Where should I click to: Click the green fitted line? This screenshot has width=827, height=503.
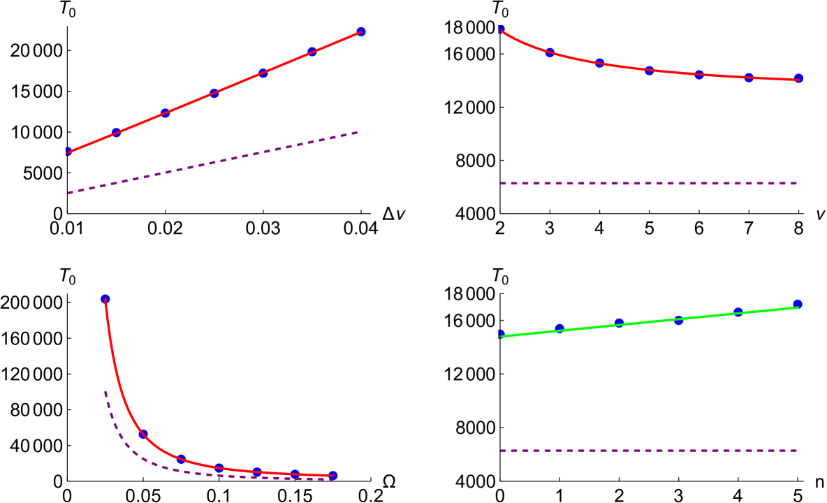click(x=650, y=321)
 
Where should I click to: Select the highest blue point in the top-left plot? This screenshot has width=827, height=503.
click(x=360, y=31)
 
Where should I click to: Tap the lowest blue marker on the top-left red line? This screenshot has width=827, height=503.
click(x=68, y=152)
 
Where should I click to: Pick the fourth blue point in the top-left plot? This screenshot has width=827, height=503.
click(x=214, y=94)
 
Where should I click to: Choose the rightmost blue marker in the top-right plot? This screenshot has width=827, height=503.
click(x=798, y=78)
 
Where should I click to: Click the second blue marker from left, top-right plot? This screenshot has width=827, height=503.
click(x=549, y=52)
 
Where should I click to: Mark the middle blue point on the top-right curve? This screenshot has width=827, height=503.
click(x=649, y=71)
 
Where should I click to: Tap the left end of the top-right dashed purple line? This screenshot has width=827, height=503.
click(x=502, y=183)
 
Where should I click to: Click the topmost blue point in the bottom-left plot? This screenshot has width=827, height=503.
click(x=105, y=299)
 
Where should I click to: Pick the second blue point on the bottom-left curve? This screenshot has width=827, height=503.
click(x=142, y=434)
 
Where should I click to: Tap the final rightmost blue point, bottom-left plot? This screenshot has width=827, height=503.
click(x=332, y=475)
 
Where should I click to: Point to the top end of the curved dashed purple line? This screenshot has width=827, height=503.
click(x=105, y=392)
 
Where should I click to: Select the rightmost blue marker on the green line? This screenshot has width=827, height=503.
click(x=798, y=304)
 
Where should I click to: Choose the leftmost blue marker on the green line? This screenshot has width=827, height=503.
click(x=501, y=335)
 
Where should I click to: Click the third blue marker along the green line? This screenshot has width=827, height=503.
click(x=619, y=323)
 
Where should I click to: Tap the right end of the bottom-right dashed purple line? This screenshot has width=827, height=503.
click(x=797, y=451)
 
